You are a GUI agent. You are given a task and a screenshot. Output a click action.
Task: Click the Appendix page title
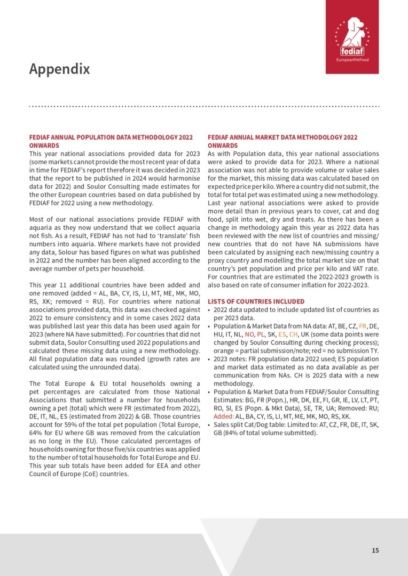[x=59, y=69]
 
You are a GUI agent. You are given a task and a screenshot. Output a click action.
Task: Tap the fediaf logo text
[x=352, y=52]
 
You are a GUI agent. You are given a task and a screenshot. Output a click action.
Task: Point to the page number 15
[x=375, y=550]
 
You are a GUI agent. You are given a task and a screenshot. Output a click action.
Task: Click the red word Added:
[x=223, y=415]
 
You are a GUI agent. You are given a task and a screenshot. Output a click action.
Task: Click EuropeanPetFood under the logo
[x=352, y=60]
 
